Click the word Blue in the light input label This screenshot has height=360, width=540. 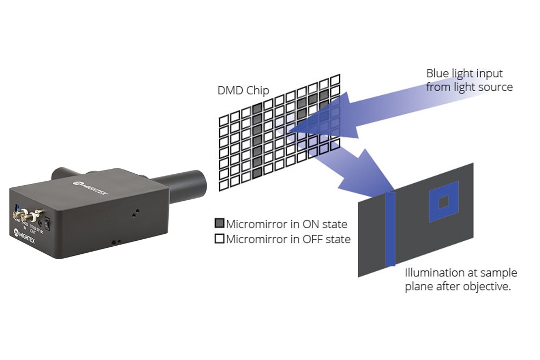436,74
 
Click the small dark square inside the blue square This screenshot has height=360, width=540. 443,202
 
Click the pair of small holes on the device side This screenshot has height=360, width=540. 116,242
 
